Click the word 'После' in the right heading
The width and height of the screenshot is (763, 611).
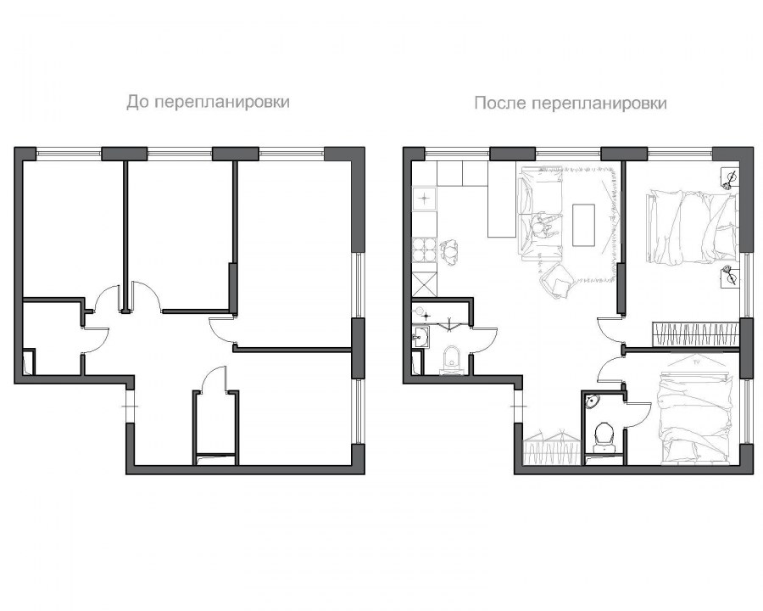(x=501, y=104)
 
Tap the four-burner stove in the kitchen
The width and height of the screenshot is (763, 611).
(x=425, y=250)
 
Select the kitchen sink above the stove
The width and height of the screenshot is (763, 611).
(x=425, y=199)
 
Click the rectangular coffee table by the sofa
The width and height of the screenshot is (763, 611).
(x=583, y=225)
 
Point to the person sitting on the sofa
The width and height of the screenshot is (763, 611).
(x=544, y=227)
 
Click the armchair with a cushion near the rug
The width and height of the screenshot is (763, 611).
(x=558, y=280)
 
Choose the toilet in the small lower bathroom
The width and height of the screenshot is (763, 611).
(x=604, y=436)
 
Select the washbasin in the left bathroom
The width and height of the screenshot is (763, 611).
(x=421, y=337)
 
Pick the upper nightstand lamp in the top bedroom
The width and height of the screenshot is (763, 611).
(x=729, y=178)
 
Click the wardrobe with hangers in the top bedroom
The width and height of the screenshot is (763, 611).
(x=695, y=334)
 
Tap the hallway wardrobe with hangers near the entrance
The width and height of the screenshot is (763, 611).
(x=552, y=446)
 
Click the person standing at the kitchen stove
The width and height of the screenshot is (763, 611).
(x=451, y=251)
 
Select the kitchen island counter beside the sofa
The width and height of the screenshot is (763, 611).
(x=501, y=199)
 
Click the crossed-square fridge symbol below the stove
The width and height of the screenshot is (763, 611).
(x=425, y=284)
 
